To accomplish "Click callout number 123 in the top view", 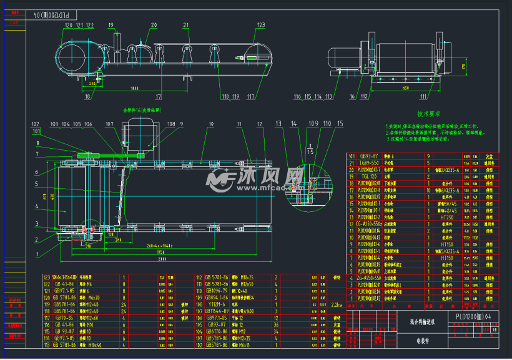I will click(260, 25).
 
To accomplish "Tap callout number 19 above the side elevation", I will click(111, 25).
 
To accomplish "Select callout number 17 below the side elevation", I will click(159, 97).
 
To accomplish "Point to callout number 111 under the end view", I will click(424, 97).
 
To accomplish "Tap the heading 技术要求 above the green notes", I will click(429, 114).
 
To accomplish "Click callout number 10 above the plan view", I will click(212, 124).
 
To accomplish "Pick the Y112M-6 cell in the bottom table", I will click(218, 304).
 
